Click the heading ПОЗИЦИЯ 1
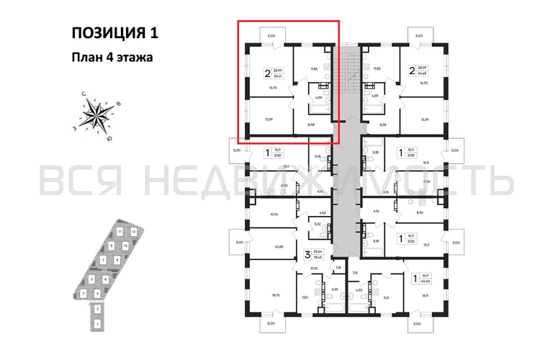pos(114,32)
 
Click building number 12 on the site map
pos(135,233)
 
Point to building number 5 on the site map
pos(92,279)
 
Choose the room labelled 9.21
pos(386,297)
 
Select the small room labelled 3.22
pos(306,225)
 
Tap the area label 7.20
pos(304,297)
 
